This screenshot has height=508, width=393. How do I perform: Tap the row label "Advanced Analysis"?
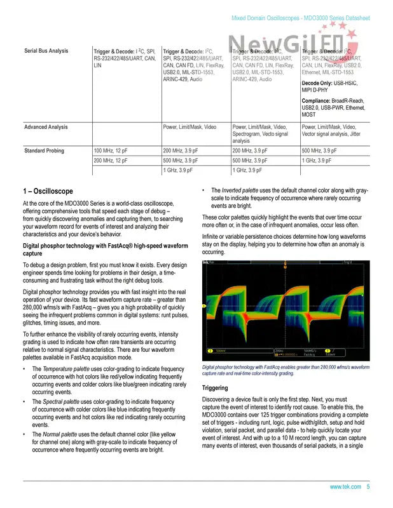pyautogui.click(x=46, y=127)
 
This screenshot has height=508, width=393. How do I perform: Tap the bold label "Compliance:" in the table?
pyautogui.click(x=319, y=101)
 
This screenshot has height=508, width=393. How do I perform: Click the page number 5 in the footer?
pyautogui.click(x=368, y=486)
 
